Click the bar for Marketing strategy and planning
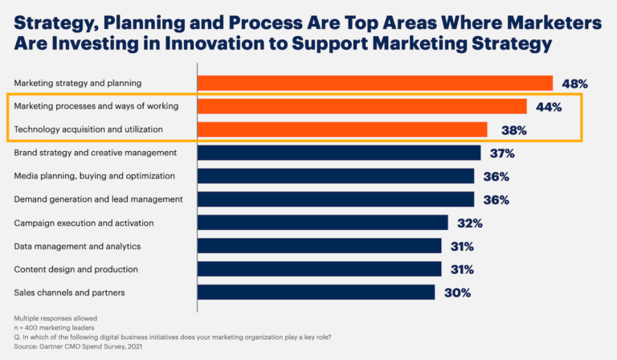[374, 83]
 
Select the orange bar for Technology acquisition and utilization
[342, 129]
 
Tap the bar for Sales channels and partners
[316, 292]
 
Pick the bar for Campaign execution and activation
[322, 223]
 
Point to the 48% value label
[575, 83]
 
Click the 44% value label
[549, 106]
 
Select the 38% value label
[510, 129]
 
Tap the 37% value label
[503, 153]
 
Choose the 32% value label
[470, 223]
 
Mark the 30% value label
[457, 292]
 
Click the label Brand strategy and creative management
[95, 153]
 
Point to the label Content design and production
[76, 269]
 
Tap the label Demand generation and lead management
[98, 199]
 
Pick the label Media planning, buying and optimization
[94, 176]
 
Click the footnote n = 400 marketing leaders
[52, 328]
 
